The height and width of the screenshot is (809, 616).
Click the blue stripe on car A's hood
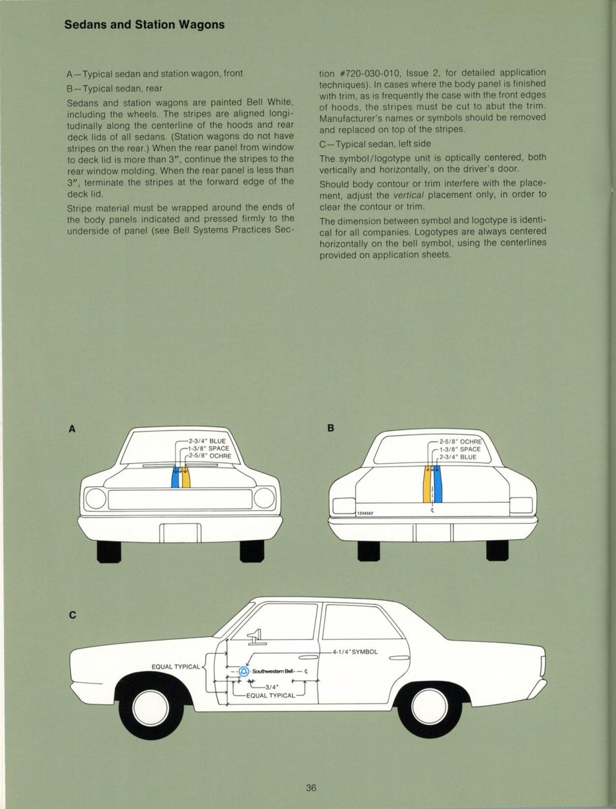pos(175,477)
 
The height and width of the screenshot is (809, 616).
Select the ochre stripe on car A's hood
pos(186,477)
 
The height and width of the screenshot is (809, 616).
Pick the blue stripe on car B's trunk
pos(437,485)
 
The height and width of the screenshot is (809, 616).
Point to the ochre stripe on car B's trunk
pos(427,485)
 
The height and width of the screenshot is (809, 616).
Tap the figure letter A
pos(71,428)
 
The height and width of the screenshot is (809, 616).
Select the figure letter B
pos(331,428)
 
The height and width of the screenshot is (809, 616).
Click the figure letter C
pos(72,615)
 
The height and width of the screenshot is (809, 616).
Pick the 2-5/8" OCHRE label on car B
pos(457,441)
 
